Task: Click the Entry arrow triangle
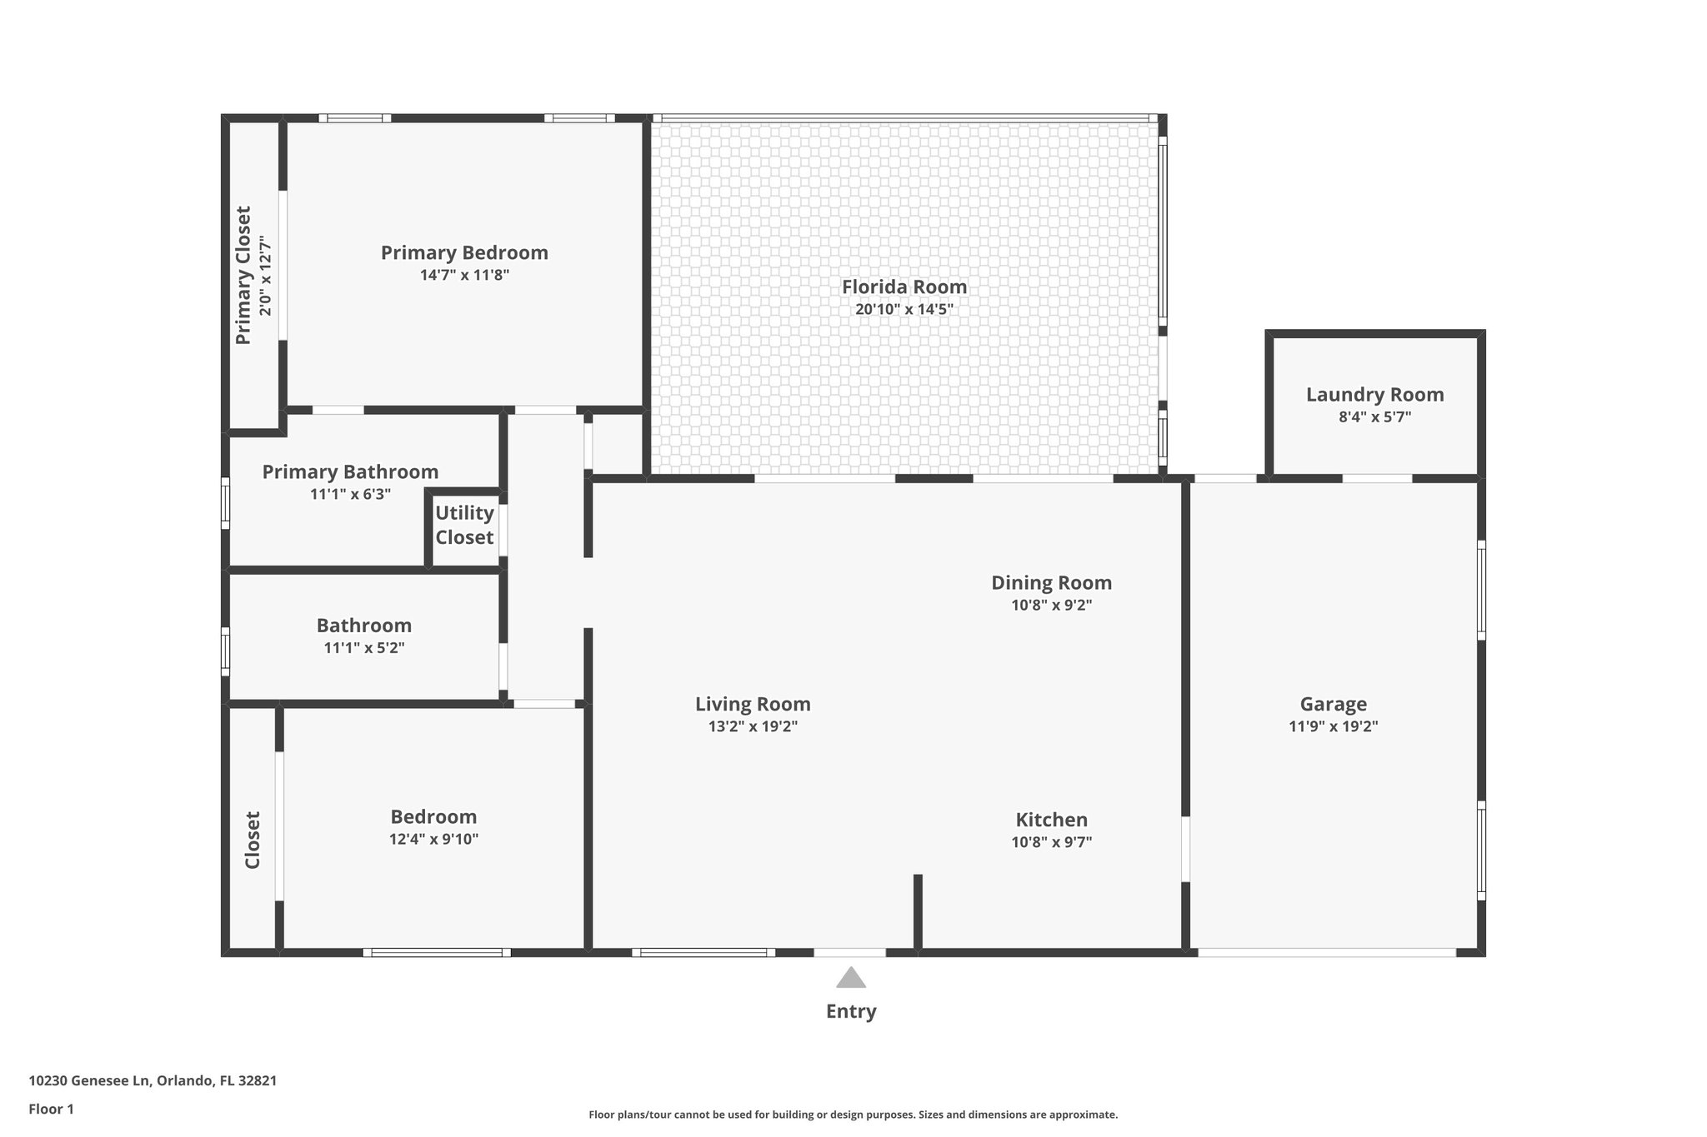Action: coord(850,978)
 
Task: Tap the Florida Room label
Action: coord(904,287)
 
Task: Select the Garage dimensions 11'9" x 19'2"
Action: coord(1333,726)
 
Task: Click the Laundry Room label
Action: coord(1374,395)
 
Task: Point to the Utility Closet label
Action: coord(464,525)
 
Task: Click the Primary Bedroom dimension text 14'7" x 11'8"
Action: coord(464,275)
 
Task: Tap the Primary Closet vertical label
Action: coord(243,275)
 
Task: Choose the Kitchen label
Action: coord(1051,820)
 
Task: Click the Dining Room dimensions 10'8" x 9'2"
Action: coord(1051,606)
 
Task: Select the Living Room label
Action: coord(753,704)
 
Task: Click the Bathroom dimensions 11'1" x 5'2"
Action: coord(364,647)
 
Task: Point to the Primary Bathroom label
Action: coord(350,472)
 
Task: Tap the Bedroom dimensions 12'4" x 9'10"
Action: coord(433,839)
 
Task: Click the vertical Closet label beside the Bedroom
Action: coord(253,840)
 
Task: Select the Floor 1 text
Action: coord(51,1109)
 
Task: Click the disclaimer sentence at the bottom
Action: coord(853,1115)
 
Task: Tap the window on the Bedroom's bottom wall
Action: coord(437,952)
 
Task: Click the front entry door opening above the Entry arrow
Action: coord(849,952)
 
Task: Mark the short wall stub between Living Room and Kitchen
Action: coord(918,911)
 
